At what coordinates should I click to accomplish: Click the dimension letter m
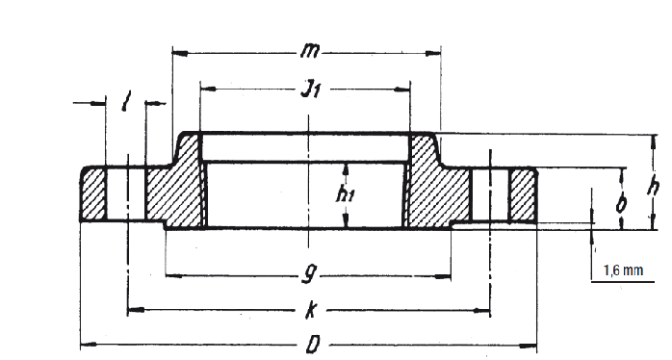(x=309, y=49)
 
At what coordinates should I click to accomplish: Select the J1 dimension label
(x=309, y=90)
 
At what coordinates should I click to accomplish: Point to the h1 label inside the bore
(x=346, y=193)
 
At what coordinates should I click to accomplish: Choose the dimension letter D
(x=308, y=344)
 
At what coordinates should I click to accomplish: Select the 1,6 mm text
(x=622, y=271)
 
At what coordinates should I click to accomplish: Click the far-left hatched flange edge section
(x=95, y=195)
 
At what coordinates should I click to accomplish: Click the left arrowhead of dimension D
(x=85, y=344)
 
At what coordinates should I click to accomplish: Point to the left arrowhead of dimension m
(x=176, y=50)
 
